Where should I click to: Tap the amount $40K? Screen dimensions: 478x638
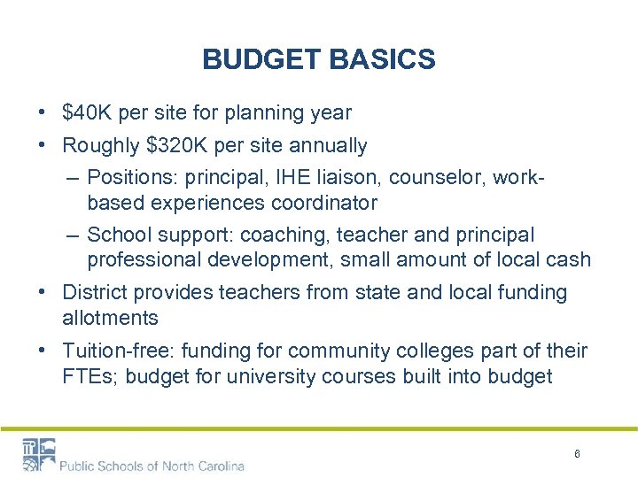click(x=87, y=113)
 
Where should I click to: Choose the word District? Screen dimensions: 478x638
click(x=94, y=292)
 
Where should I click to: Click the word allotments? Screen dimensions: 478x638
click(x=110, y=318)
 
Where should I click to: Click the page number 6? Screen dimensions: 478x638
click(x=577, y=454)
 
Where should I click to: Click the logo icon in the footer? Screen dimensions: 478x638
click(x=38, y=454)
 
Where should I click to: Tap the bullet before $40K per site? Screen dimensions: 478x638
click(x=43, y=113)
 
